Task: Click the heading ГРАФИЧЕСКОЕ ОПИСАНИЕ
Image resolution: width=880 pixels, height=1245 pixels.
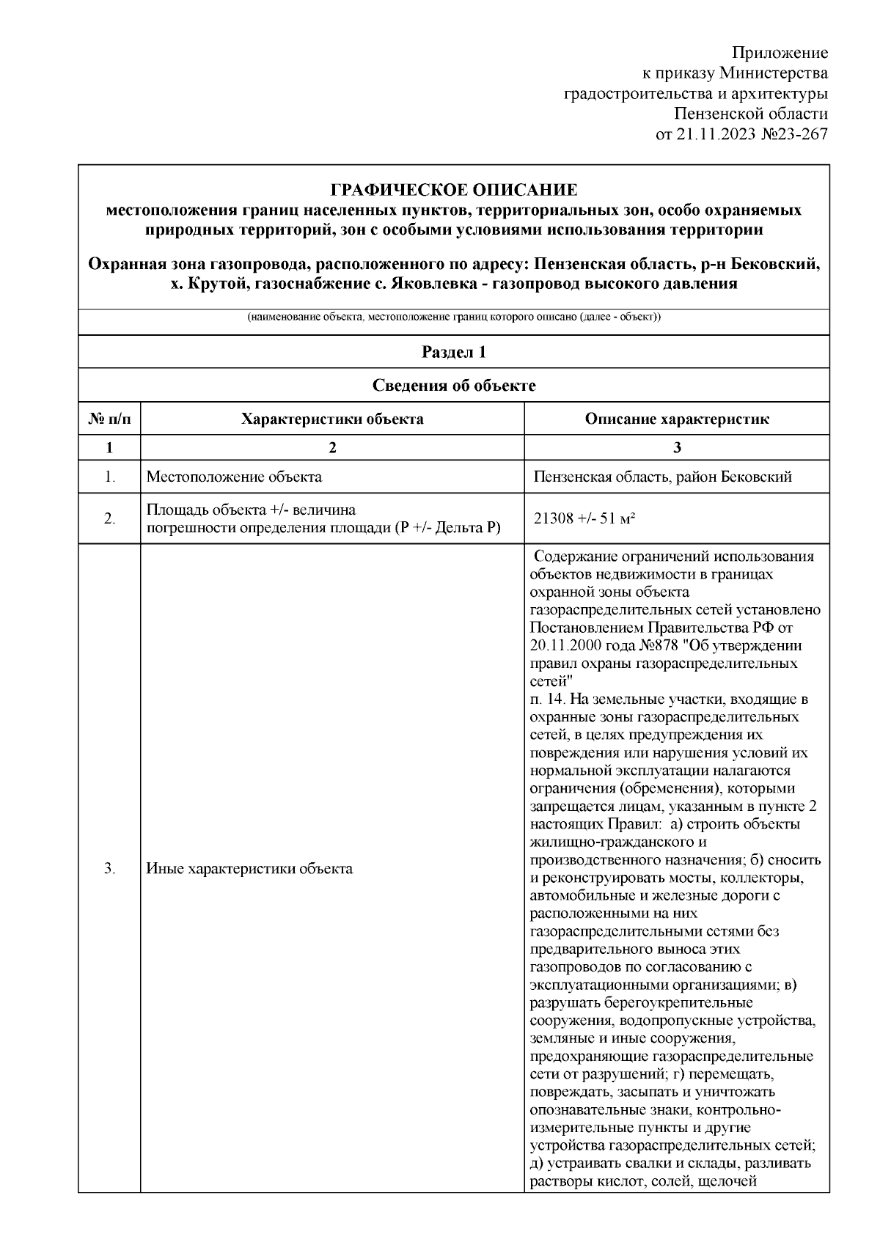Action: coord(454,191)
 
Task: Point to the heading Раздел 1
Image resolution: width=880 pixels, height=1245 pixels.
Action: coord(454,352)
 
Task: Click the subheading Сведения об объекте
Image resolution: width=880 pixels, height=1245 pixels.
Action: coord(454,386)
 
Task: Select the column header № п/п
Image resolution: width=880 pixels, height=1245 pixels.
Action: coord(109,419)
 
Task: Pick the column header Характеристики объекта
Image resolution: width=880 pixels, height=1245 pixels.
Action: coord(332,419)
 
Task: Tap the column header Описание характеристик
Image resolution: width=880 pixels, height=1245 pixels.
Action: coord(676,419)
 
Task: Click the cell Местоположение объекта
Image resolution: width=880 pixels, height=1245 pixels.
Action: coord(234,477)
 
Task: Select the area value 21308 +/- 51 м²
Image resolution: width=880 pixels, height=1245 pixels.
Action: coord(584,518)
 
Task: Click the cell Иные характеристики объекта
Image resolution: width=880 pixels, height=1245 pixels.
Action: coord(249,869)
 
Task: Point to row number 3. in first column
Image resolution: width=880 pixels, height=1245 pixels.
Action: coord(109,869)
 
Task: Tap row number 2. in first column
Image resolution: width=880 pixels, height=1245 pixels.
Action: coord(109,518)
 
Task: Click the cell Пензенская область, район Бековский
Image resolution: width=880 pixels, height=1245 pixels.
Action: coord(663,477)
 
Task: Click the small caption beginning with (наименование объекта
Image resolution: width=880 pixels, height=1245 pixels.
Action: coord(454,318)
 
